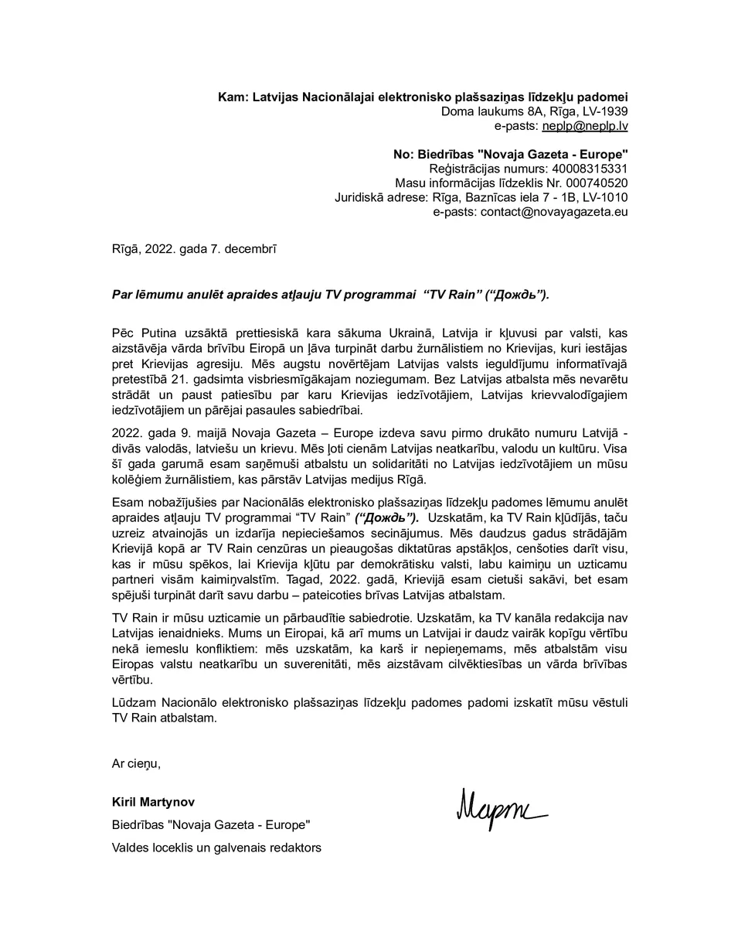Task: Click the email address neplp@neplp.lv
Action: (x=584, y=125)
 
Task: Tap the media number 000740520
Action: (x=594, y=183)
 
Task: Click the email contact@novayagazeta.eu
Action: (x=554, y=212)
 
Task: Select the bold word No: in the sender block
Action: (x=403, y=154)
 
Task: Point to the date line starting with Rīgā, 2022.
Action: (x=194, y=249)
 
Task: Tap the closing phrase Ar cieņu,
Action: (x=136, y=763)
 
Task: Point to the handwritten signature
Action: (x=501, y=809)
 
